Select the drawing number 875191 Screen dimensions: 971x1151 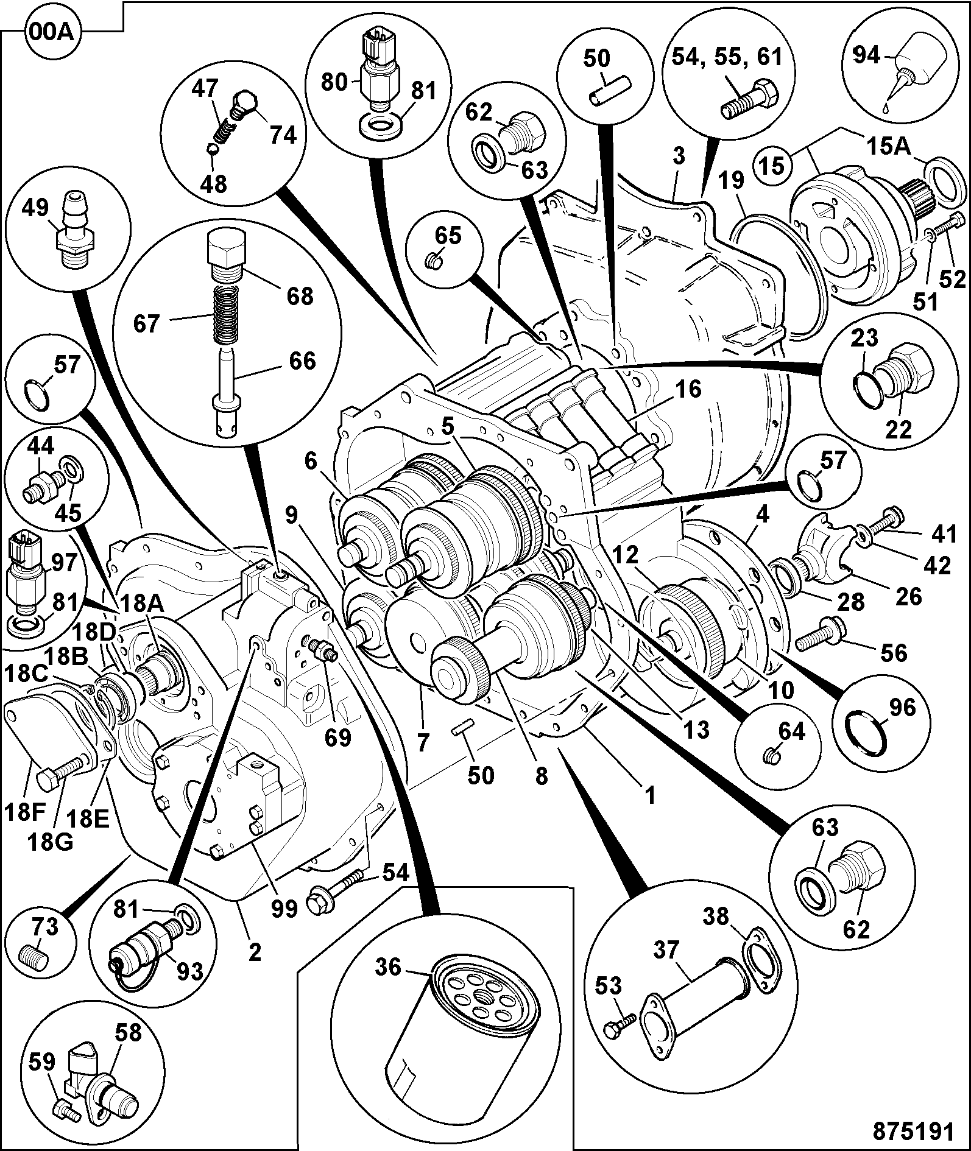point(913,1132)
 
